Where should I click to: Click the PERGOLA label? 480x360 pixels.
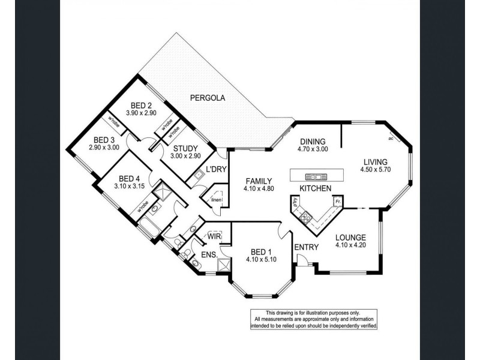coord(208,97)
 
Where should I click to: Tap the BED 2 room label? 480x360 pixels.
coord(141,104)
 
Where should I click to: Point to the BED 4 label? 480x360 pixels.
coord(130,178)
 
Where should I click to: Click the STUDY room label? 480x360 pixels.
coord(186,148)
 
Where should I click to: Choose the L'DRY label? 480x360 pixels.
coord(216,169)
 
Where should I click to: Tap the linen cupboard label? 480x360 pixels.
coord(216,200)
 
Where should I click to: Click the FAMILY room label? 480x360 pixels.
coord(259,181)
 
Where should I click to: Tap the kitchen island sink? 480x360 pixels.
coord(313,176)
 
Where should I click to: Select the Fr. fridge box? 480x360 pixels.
coord(338,202)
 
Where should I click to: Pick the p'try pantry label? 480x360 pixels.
coord(296,203)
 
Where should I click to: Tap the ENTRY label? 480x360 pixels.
coord(306,247)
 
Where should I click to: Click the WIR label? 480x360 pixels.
coord(213,236)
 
